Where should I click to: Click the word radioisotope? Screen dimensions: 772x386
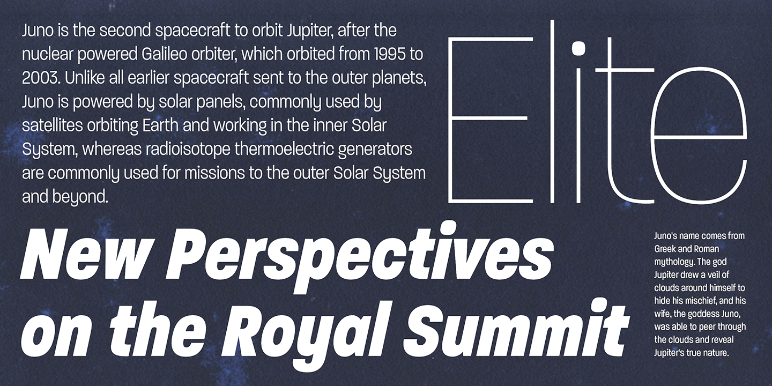click(x=188, y=150)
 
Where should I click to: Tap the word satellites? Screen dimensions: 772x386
click(x=53, y=125)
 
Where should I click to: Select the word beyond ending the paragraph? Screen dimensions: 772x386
click(x=80, y=197)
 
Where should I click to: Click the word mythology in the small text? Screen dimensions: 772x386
click(x=674, y=262)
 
